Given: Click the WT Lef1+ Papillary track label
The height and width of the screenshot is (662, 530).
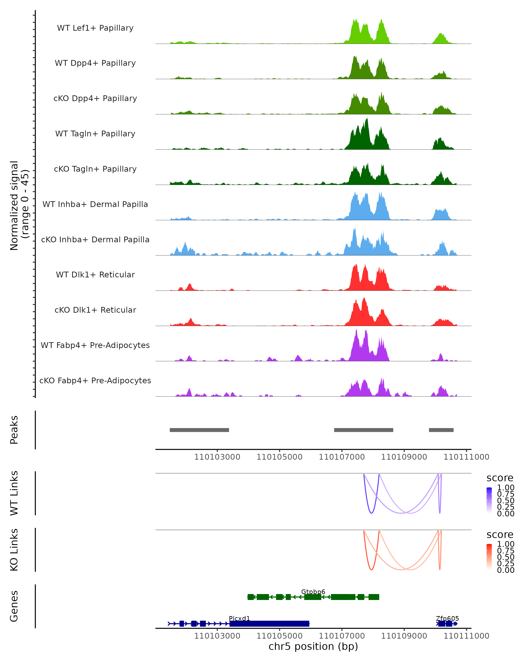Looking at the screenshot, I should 95,28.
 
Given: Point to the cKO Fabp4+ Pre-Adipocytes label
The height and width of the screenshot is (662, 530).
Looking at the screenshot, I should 95,380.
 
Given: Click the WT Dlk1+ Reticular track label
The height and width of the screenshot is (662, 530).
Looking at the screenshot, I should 95,275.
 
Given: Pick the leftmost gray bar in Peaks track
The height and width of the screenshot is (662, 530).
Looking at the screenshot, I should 199,430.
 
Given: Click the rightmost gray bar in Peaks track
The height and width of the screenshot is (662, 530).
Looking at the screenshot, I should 441,430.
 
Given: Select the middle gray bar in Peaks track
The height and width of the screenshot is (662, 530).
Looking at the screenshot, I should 363,430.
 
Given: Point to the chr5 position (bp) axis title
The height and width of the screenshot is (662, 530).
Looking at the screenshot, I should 313,646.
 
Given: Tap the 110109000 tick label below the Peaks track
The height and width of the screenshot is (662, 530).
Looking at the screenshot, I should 404,457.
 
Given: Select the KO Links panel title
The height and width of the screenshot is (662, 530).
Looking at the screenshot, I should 14,550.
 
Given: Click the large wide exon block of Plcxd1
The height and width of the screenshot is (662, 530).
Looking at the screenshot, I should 269,624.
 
